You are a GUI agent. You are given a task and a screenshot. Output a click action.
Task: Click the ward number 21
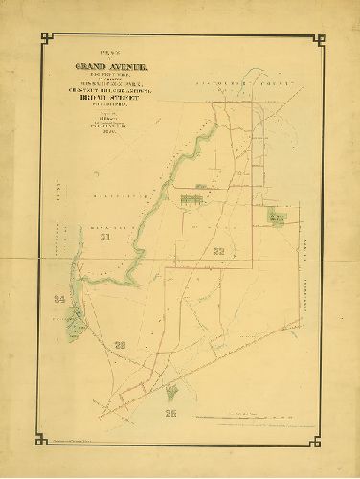point(106,237)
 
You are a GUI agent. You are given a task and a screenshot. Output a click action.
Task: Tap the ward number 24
point(60,301)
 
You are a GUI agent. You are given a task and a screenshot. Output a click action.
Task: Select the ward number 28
point(120,344)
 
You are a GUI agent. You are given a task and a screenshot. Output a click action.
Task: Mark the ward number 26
point(171,414)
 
